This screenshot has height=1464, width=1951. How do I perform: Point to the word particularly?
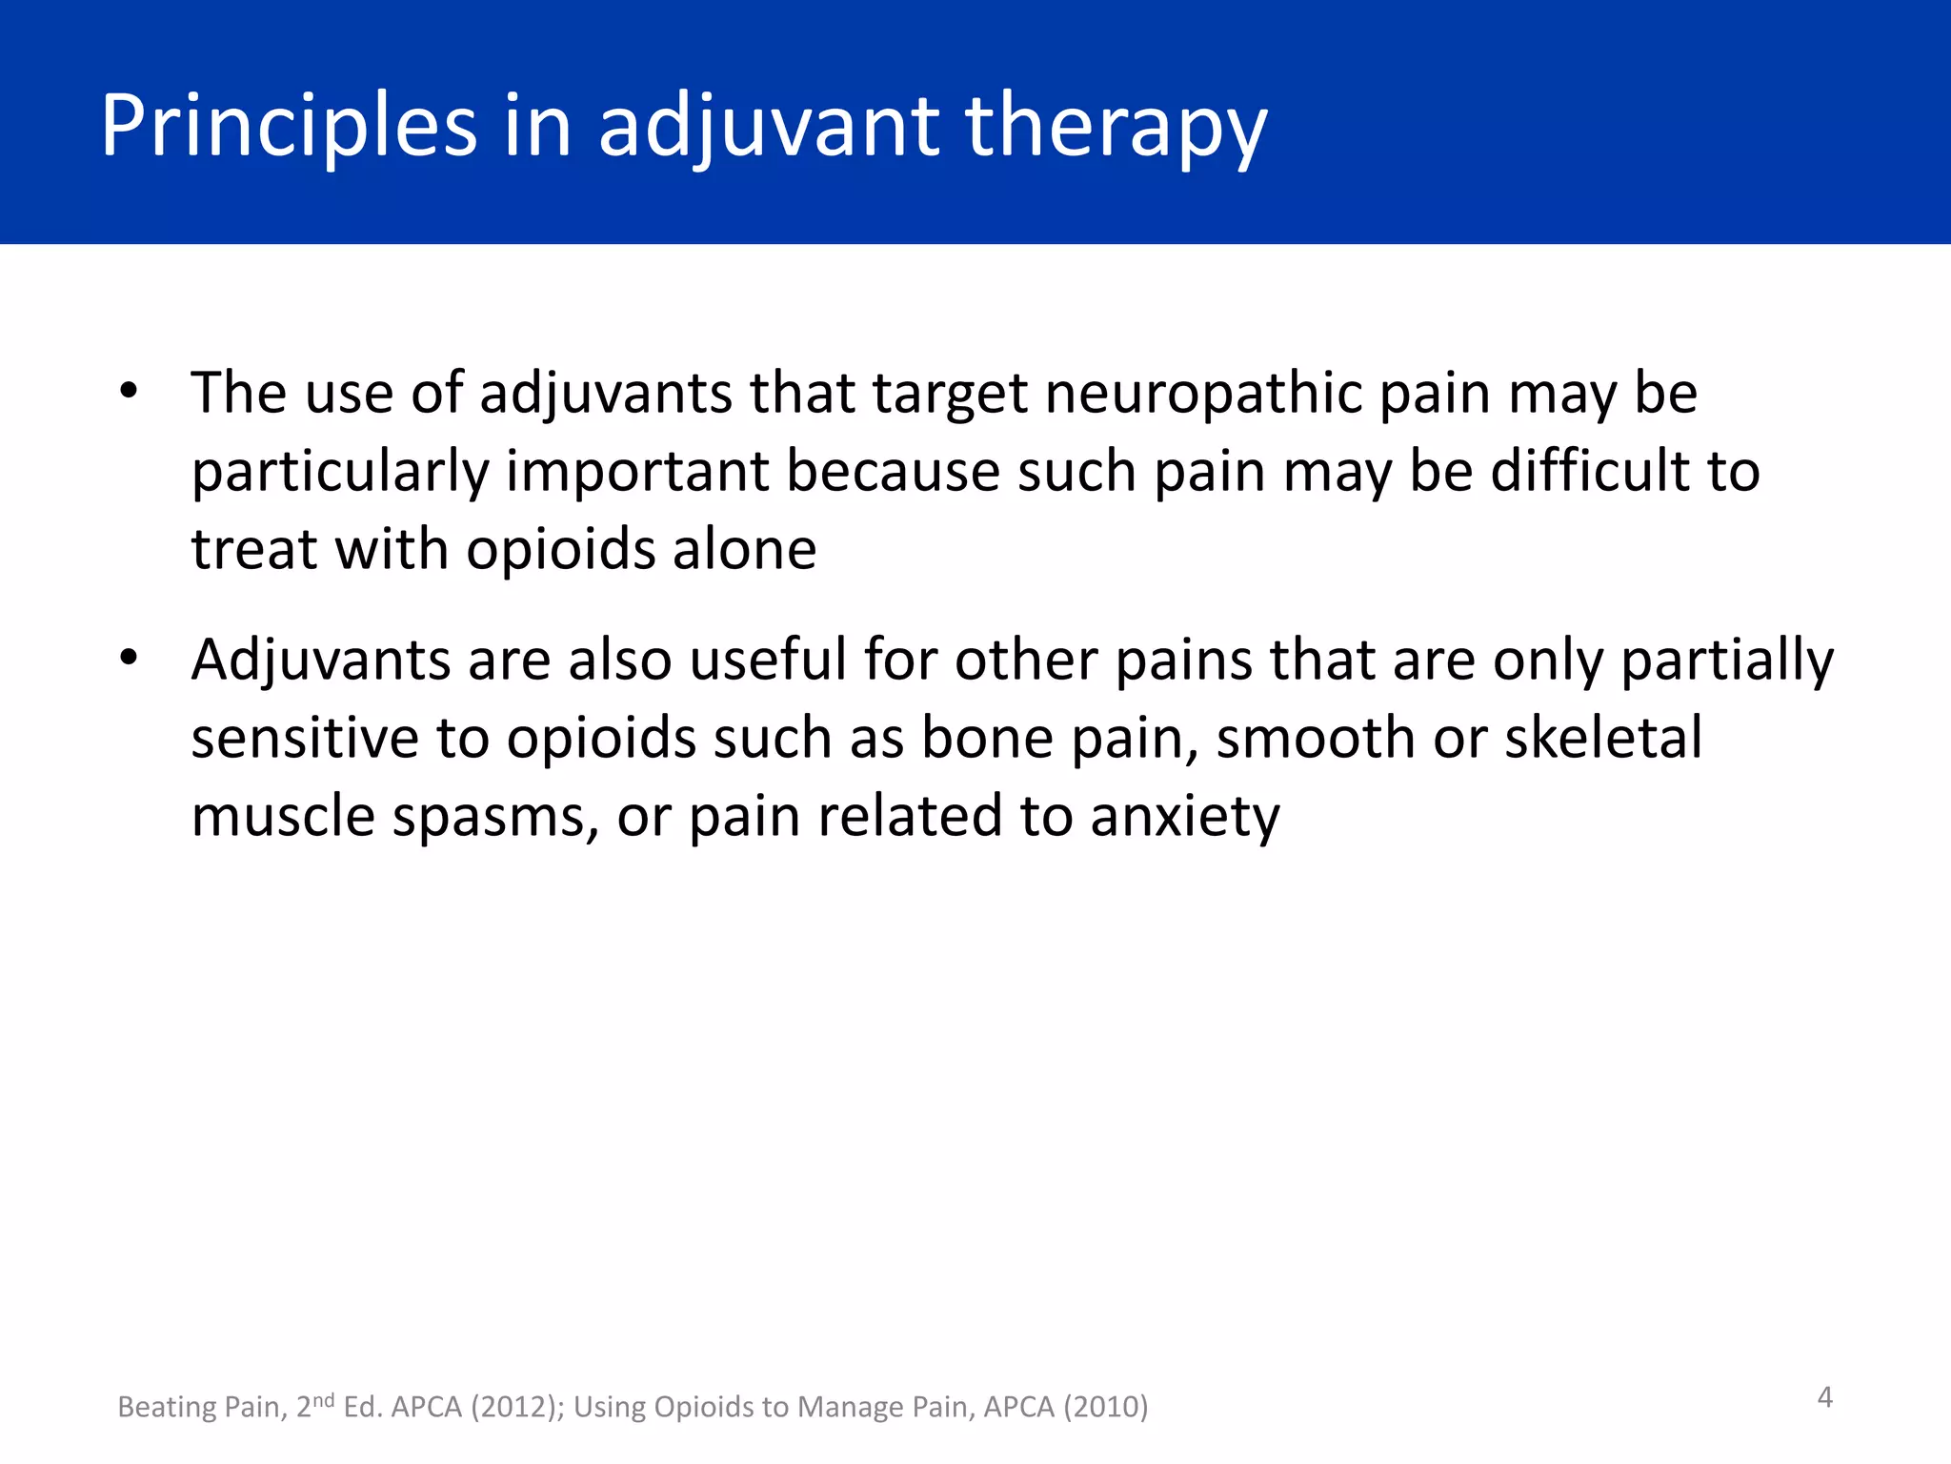coord(338,472)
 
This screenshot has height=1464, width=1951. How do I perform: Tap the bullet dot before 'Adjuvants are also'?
coord(129,658)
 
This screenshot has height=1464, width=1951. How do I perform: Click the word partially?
coord(1727,660)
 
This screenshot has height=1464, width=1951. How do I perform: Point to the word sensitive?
coord(305,739)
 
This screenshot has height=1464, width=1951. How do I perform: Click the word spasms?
coord(495,817)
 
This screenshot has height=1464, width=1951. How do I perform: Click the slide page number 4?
coord(1824,1397)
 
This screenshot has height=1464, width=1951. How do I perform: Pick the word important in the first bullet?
coord(637,472)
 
